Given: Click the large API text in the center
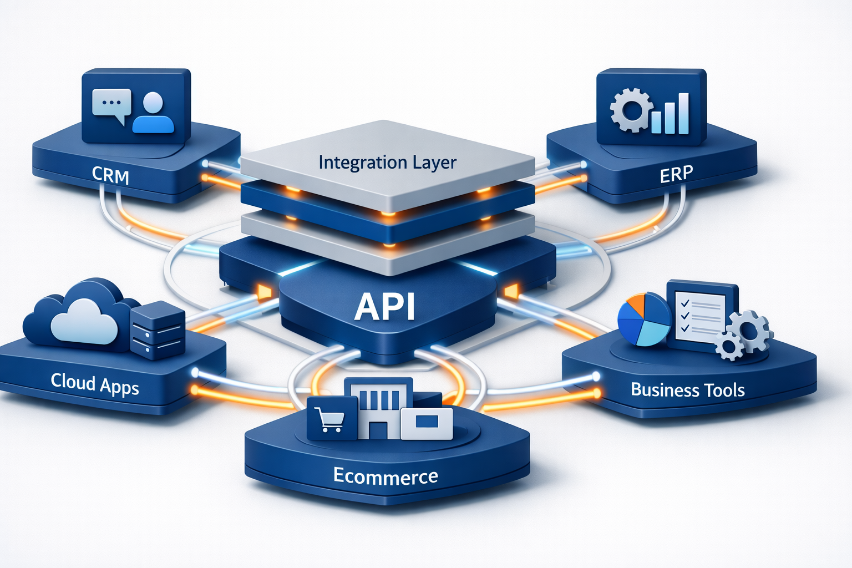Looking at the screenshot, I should (x=385, y=307).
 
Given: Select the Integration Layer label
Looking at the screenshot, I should (x=387, y=163).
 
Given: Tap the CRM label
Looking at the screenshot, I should (x=110, y=175).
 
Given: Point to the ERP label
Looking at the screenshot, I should (x=676, y=174).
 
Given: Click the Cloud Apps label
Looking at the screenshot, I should (x=95, y=383).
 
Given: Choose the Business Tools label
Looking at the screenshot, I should (x=687, y=390).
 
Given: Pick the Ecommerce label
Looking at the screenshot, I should (x=386, y=476).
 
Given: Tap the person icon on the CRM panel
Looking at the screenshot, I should (x=153, y=113).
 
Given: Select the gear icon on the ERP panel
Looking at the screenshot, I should (x=630, y=110).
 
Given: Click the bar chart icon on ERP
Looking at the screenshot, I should (x=670, y=115).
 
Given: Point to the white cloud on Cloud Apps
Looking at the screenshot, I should (x=84, y=321).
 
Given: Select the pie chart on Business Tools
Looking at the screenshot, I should (x=644, y=319).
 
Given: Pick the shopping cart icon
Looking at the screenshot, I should (x=329, y=419).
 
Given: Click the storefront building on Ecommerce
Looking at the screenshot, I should (x=379, y=408).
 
